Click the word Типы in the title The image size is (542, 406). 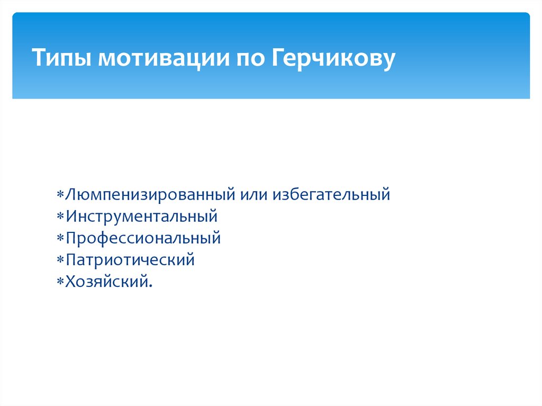(62, 58)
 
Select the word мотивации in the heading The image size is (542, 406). (164, 58)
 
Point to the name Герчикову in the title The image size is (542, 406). (333, 59)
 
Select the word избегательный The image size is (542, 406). (331, 194)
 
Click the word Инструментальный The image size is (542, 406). (142, 216)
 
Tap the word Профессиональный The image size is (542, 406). (143, 238)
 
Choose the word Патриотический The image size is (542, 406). (130, 260)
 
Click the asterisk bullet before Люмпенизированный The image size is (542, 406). (60, 194)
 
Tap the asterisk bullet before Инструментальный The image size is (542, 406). (60, 216)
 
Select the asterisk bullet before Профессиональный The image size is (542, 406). (60, 238)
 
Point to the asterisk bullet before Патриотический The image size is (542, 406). (60, 260)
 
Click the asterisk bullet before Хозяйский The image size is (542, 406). (60, 282)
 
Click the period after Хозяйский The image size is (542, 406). (150, 286)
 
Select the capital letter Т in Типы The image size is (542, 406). (39, 57)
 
